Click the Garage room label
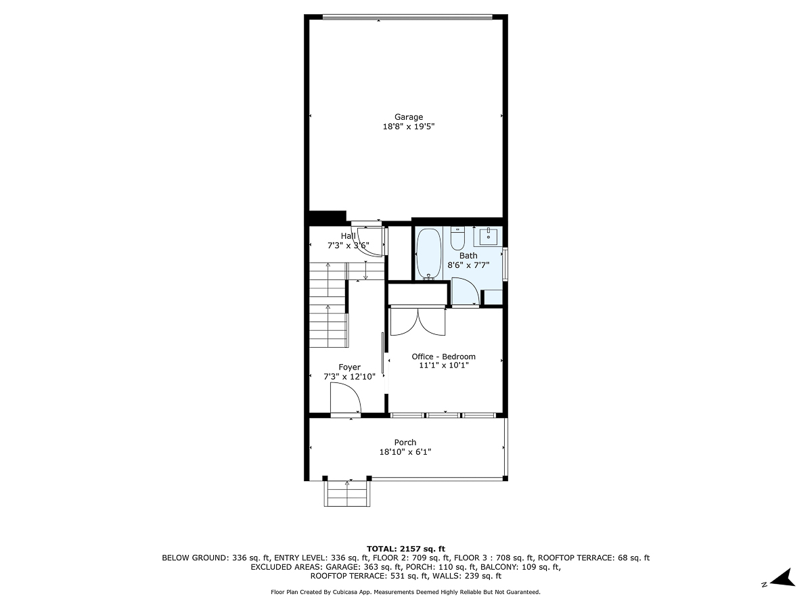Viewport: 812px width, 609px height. click(x=409, y=117)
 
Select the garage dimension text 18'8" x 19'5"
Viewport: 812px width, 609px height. click(x=409, y=127)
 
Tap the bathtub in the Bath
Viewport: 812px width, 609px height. click(x=428, y=254)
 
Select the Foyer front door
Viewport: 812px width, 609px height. click(x=345, y=399)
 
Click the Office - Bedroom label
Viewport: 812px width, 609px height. click(x=443, y=357)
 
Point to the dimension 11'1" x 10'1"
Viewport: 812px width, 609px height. click(x=443, y=365)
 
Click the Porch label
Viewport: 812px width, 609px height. click(x=405, y=443)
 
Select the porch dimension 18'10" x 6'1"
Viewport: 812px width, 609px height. click(x=405, y=452)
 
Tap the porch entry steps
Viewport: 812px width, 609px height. click(x=347, y=493)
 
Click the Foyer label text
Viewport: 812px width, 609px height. click(x=350, y=367)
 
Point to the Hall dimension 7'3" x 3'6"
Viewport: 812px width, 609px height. click(x=348, y=246)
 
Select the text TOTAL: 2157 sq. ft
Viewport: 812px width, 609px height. click(x=405, y=548)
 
